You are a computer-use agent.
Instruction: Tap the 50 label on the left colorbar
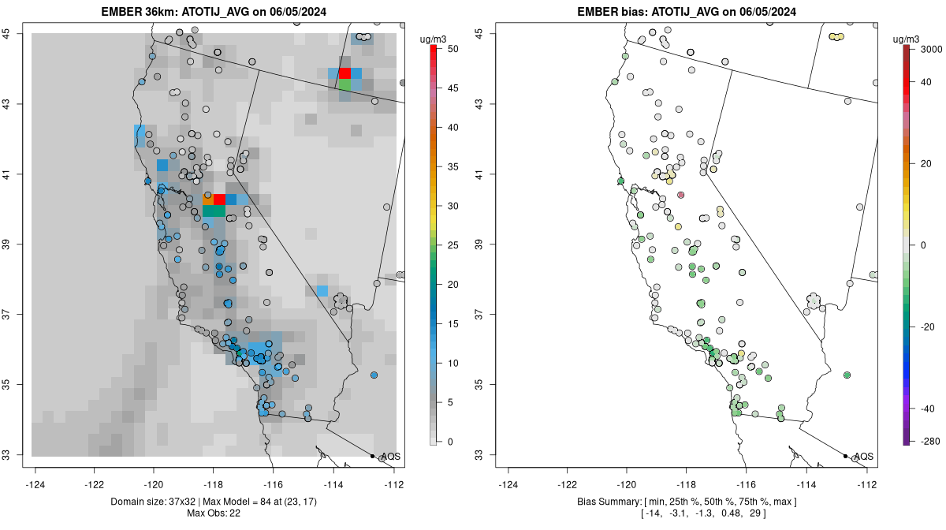coord(452,49)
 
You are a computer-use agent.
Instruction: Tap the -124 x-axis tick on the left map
coord(35,484)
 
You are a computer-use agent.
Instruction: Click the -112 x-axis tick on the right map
coord(866,484)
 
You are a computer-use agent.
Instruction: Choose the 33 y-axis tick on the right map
coord(479,455)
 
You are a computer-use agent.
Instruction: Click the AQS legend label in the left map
coord(390,457)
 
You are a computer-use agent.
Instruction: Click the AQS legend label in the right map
coord(863,457)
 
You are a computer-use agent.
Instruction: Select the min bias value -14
coord(652,513)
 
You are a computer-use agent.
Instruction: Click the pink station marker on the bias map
coord(681,195)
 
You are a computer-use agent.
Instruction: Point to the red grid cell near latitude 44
coord(345,73)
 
